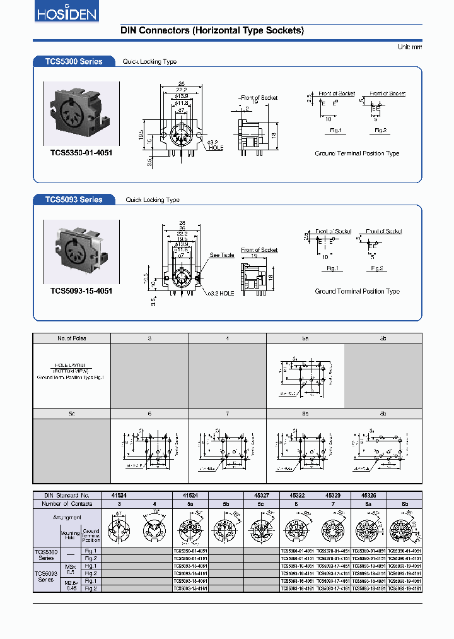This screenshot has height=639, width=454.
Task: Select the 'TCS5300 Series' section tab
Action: pyautogui.click(x=73, y=61)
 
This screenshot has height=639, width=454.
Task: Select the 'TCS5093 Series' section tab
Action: pyautogui.click(x=73, y=200)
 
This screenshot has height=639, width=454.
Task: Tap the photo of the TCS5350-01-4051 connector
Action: pyautogui.click(x=81, y=114)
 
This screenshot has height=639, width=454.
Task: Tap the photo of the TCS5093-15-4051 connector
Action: pyautogui.click(x=81, y=252)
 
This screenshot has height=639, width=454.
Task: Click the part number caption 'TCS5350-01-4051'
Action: pyautogui.click(x=81, y=153)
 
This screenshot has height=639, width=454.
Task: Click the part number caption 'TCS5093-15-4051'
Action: pyautogui.click(x=81, y=291)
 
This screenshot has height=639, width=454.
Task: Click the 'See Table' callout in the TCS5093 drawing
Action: pyautogui.click(x=221, y=256)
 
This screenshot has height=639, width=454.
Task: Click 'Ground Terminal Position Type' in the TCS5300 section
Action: pyautogui.click(x=357, y=153)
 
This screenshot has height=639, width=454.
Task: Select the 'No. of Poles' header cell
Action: pyautogui.click(x=71, y=338)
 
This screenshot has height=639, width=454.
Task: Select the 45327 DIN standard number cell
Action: pyautogui.click(x=262, y=496)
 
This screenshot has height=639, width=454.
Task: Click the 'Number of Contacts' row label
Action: pyautogui.click(x=67, y=504)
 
